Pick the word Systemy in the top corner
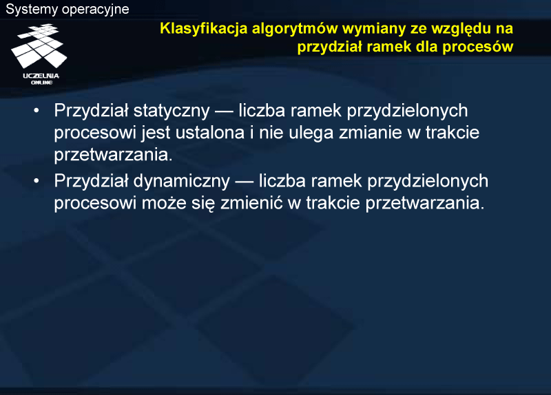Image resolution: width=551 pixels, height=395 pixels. coord(32,10)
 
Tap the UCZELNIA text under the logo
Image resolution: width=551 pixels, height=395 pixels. coord(41,76)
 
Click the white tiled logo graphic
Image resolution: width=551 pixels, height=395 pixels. coord(39,45)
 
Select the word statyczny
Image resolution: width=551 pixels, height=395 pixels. coord(171,111)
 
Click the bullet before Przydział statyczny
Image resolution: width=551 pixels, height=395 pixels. coord(37,111)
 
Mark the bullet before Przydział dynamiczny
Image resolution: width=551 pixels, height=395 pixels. coord(37,181)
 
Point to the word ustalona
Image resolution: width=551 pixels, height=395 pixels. coord(210,133)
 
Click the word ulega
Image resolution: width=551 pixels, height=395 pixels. coord(311,134)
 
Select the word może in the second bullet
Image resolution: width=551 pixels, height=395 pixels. coord(164,203)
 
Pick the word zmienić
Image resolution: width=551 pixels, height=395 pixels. coord(251,202)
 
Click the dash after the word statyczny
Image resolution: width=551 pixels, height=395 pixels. coord(225,112)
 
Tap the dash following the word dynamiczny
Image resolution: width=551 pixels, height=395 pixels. coord(245,182)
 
